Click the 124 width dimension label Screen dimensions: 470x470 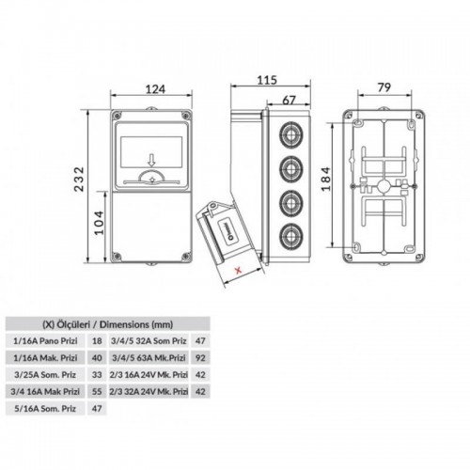(x=155, y=89)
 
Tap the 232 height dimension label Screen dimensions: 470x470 (x=79, y=179)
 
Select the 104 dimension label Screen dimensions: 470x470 (x=99, y=223)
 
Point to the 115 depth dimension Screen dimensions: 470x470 (x=267, y=80)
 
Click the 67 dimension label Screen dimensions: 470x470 (x=289, y=101)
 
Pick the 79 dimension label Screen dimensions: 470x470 (x=384, y=87)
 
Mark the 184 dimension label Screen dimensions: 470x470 (x=326, y=179)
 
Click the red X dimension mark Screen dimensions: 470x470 (x=239, y=270)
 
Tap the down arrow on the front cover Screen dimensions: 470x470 (x=152, y=161)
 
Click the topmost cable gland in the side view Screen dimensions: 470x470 (x=290, y=135)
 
